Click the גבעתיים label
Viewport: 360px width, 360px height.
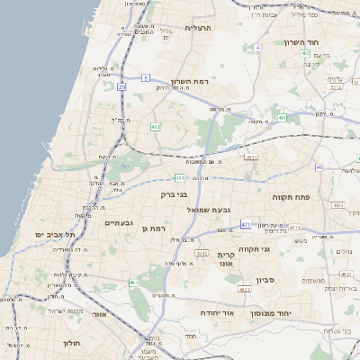(119, 222)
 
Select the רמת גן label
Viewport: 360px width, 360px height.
(156, 229)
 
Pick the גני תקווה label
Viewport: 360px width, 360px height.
(255, 247)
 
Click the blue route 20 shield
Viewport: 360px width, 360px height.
(121, 86)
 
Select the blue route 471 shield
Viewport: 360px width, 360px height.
(246, 224)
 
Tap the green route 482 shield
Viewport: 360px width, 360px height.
(156, 127)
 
